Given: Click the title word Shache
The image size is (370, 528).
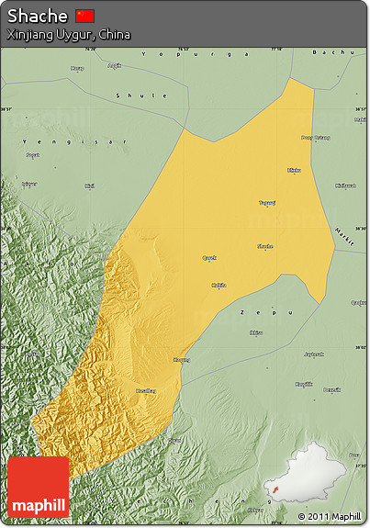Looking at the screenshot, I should coord(38,17).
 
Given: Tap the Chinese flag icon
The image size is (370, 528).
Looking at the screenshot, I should coord(84,16).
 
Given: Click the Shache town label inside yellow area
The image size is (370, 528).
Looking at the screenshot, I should coord(264,246).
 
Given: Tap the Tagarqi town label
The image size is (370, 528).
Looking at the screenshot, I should coord(266,203).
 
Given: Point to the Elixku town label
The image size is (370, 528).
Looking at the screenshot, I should coord(295,170).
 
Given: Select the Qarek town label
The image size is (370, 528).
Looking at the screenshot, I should coord(209,258).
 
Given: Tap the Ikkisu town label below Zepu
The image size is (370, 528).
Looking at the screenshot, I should coord(255,332).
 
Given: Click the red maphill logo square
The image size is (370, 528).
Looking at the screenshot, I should coord(39,487).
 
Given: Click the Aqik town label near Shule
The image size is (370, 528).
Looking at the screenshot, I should coord(115,65).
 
